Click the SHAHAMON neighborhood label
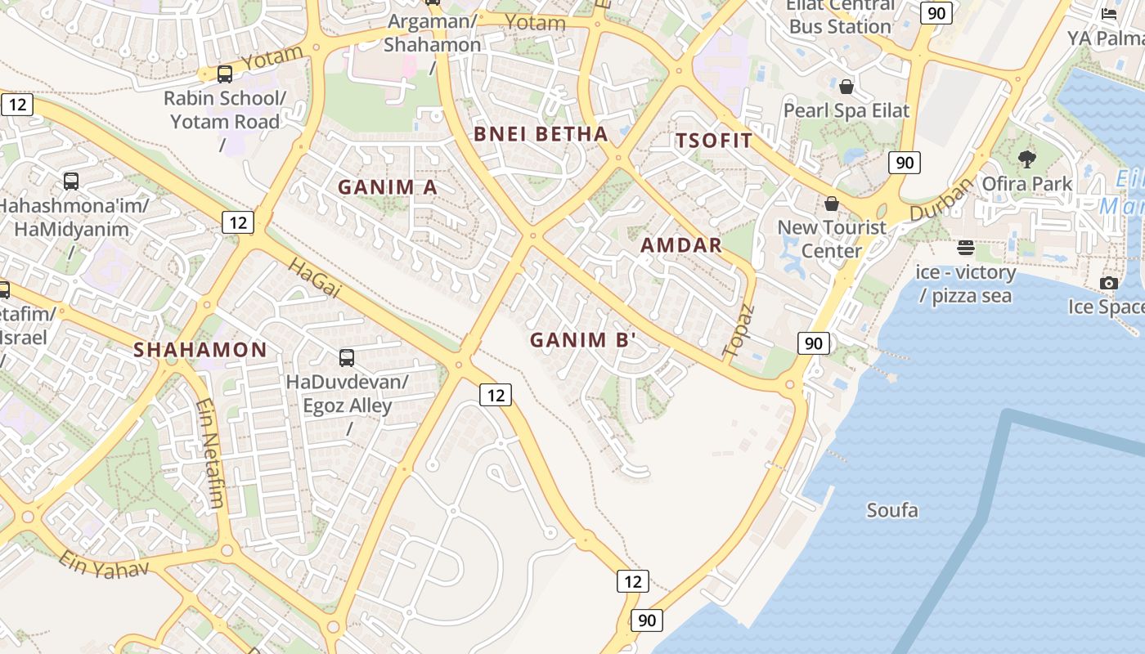200,350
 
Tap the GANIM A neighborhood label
388,187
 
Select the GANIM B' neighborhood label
583,340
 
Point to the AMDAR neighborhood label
681,245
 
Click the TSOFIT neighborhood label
714,141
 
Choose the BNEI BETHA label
541,134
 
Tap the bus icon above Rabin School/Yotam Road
225,74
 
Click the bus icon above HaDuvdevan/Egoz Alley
347,357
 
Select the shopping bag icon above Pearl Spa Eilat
846,86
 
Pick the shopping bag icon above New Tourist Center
832,204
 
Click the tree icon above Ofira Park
1027,159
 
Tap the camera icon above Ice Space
1109,283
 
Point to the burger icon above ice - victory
966,248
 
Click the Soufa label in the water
892,511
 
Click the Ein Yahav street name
104,565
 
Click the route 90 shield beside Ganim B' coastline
813,343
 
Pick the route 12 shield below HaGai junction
495,396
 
